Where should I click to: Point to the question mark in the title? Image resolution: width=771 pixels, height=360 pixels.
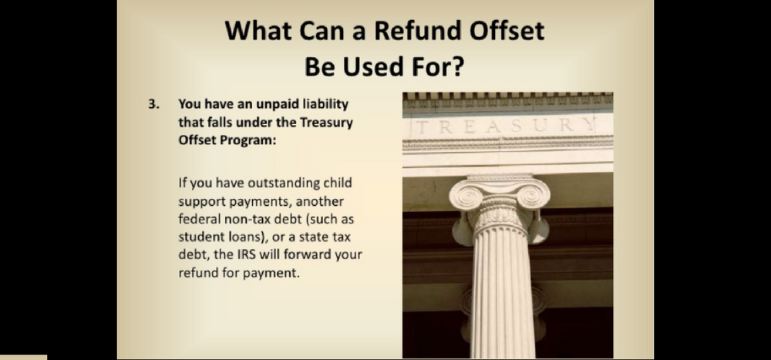click(x=457, y=66)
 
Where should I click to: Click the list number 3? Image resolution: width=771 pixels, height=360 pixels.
click(x=154, y=104)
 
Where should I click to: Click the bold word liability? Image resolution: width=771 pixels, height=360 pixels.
click(x=325, y=105)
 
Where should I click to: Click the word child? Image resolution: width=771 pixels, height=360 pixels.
click(x=338, y=183)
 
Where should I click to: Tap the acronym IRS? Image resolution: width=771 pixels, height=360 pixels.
click(x=269, y=254)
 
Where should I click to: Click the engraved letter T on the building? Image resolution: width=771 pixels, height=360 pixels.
click(x=422, y=127)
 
